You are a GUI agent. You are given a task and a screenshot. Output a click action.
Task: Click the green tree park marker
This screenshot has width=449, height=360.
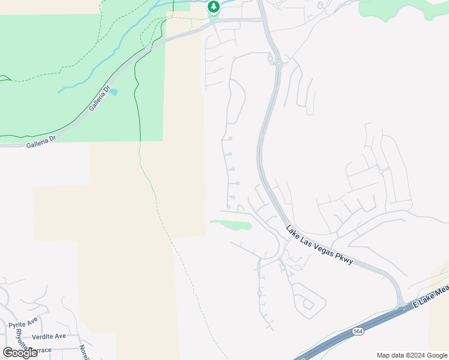coord(213,7)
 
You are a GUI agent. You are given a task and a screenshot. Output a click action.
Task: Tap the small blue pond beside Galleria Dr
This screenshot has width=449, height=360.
coord(113,92)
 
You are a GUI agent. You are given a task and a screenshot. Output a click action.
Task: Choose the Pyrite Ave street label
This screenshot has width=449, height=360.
coord(23,325)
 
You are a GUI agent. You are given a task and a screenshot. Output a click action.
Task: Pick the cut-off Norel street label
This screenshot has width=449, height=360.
coord(84,352)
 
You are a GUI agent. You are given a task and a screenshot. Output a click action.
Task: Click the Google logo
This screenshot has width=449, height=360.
coord(20,353)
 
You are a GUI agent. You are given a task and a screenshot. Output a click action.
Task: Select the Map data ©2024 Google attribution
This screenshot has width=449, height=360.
coord(411,355)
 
